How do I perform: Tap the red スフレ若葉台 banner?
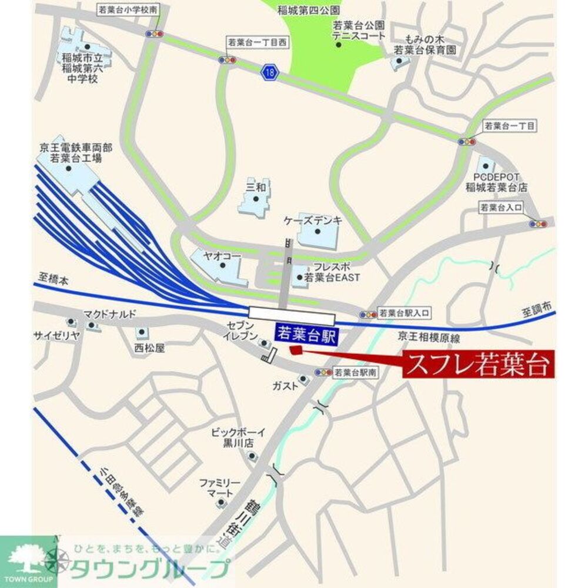(x=479, y=364)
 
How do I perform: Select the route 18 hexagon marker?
(x=270, y=72)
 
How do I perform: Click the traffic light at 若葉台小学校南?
(x=155, y=34)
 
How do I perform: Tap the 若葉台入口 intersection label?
(x=500, y=208)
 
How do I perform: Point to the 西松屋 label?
(x=149, y=348)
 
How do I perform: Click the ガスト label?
(x=285, y=386)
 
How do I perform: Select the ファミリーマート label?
(x=220, y=487)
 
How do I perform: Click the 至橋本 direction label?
(x=52, y=281)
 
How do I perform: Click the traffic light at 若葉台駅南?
(x=323, y=373)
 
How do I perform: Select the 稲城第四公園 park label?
(x=300, y=11)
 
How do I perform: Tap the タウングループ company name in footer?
(x=149, y=569)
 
